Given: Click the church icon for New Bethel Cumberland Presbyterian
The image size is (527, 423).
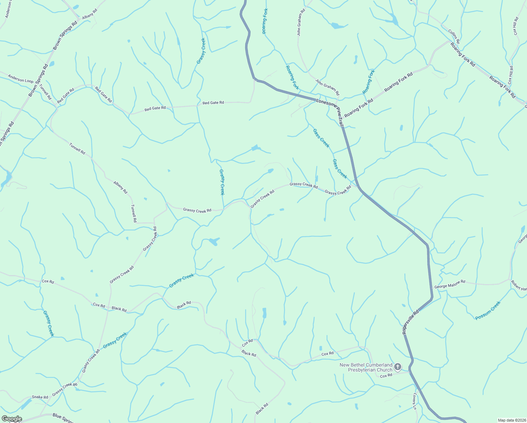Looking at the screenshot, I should tap(397, 367).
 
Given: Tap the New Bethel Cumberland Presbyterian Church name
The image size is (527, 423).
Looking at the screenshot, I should tap(366, 367).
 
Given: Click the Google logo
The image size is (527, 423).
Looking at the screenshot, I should tap(11, 419).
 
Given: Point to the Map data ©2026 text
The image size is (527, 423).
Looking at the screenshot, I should tap(511, 420).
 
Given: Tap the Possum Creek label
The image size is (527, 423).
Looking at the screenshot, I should tap(488, 310).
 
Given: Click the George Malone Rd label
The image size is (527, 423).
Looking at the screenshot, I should tap(449, 284).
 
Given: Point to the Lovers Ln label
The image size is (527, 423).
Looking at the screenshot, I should tap(415, 401).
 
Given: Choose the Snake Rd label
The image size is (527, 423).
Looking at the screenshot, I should tap(40, 397).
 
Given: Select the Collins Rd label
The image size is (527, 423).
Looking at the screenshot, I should tap(454, 37).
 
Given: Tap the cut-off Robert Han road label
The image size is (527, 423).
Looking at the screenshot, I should tap(519, 286).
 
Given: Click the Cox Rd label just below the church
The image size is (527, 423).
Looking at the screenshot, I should tap(386, 376).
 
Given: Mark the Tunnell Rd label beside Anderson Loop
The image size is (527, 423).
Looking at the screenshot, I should tap(45, 92).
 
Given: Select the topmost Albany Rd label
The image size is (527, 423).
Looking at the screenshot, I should tap(89, 14).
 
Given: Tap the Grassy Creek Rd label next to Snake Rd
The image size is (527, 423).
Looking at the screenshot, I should tap(64, 389).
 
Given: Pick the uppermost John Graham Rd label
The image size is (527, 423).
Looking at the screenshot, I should tap(300, 23).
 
